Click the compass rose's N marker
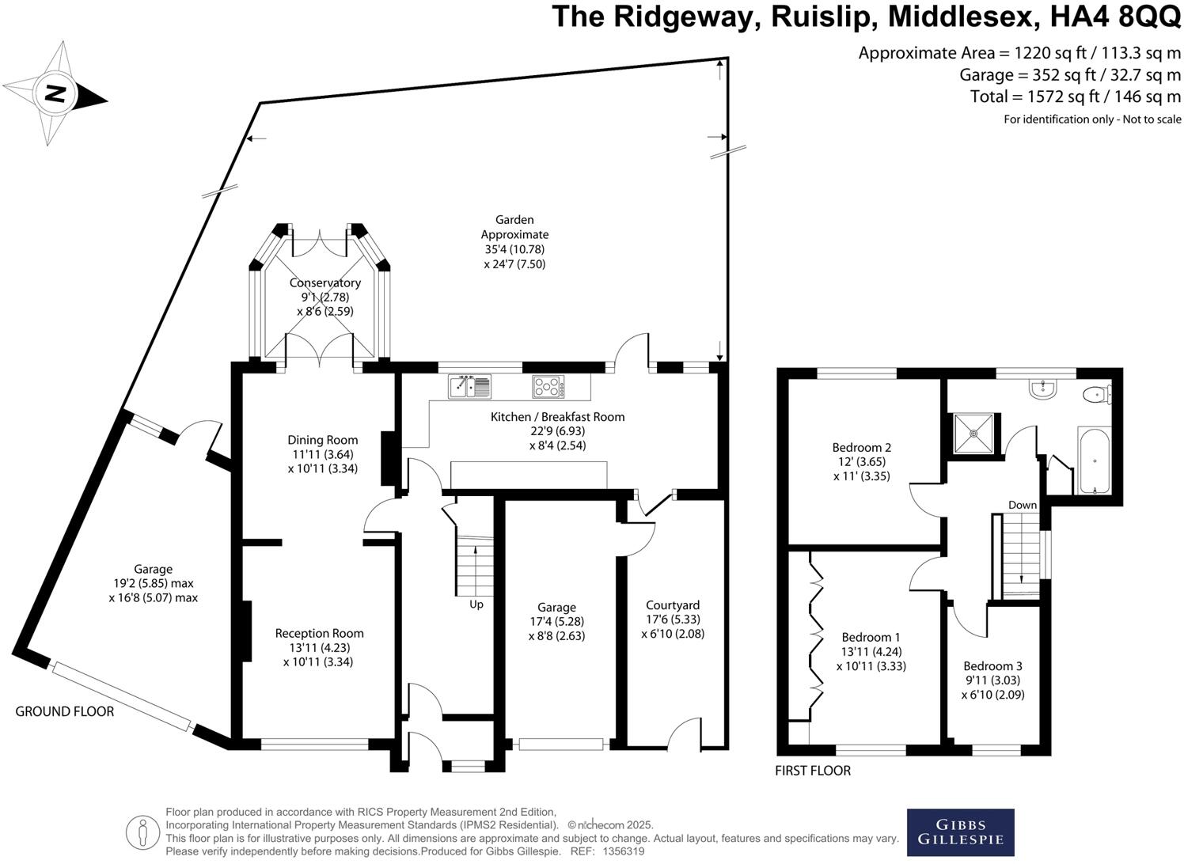[55, 93]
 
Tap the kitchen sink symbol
[469, 386]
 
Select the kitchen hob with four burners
[548, 386]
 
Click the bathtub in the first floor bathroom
[1094, 460]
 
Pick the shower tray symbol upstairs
[973, 434]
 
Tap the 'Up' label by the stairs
[476, 604]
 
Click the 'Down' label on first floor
[1023, 505]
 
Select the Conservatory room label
[325, 282]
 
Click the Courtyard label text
[673, 605]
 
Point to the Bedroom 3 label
[992, 666]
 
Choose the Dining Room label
[322, 440]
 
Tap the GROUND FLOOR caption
[64, 711]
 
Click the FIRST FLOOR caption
[813, 771]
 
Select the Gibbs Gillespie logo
[960, 832]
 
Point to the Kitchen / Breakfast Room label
[558, 417]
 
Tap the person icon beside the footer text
[142, 833]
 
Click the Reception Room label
[319, 633]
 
